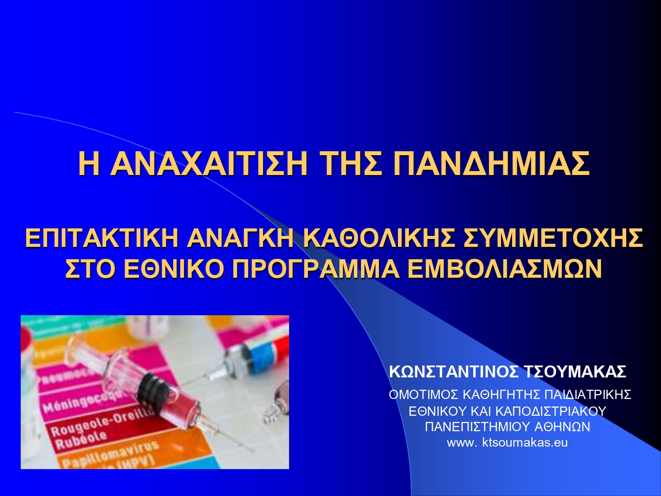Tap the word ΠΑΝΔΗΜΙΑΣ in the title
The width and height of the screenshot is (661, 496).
(x=491, y=164)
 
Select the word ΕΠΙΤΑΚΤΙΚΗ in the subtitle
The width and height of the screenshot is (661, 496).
(x=101, y=238)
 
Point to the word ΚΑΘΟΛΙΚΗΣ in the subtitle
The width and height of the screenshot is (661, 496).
(x=379, y=238)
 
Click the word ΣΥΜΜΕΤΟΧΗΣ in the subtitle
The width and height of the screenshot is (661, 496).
(x=553, y=238)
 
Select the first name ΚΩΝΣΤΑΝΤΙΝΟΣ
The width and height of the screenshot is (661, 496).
(x=454, y=372)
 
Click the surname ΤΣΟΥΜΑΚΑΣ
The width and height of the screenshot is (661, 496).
(x=575, y=372)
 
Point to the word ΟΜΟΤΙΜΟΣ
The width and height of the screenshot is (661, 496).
(x=423, y=395)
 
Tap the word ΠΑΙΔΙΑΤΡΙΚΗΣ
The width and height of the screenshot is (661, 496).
(x=588, y=395)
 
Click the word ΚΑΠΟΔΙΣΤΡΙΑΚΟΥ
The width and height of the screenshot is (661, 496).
(x=551, y=411)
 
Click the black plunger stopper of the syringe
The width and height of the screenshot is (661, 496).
(x=152, y=388)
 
